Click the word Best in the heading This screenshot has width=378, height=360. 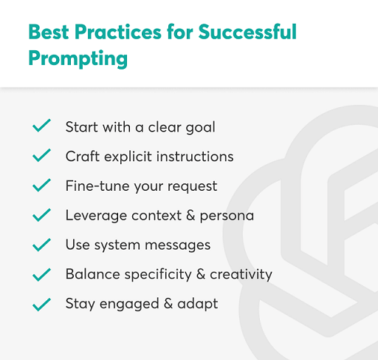[x=49, y=32]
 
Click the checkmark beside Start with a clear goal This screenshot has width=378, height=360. [x=41, y=126]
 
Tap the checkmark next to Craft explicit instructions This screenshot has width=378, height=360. [x=41, y=156]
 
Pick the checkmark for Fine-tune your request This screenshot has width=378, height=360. [x=41, y=186]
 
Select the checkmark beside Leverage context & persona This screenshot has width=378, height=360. [x=41, y=215]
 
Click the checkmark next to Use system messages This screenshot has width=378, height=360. [x=41, y=245]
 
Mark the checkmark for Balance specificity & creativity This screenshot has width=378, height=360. [x=41, y=274]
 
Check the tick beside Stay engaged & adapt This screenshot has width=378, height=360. [x=41, y=304]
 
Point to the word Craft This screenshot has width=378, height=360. [x=81, y=157]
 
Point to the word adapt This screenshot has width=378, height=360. [x=201, y=305]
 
